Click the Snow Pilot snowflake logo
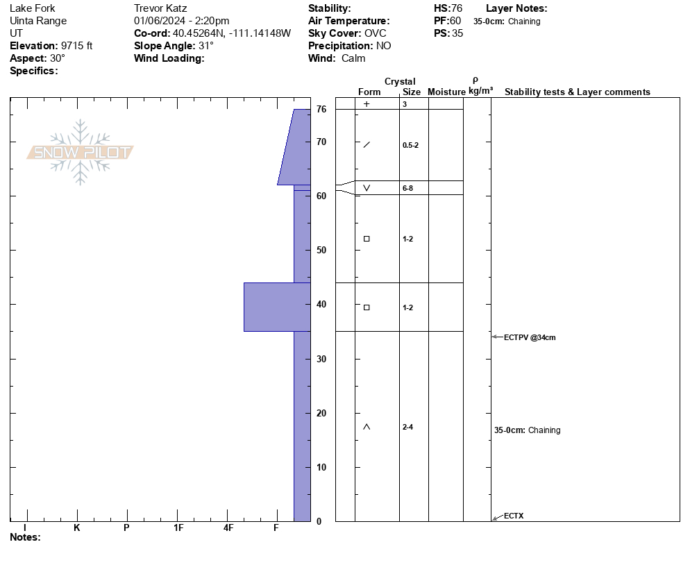tap(80, 152)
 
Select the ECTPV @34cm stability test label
tap(530, 337)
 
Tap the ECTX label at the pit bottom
tap(514, 516)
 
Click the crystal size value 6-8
tap(407, 188)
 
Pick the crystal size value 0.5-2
tap(410, 145)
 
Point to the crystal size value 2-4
tap(407, 427)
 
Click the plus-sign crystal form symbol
tap(367, 104)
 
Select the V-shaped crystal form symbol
tap(367, 188)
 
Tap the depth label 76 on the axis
tap(321, 109)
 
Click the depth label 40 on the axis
tap(321, 304)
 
